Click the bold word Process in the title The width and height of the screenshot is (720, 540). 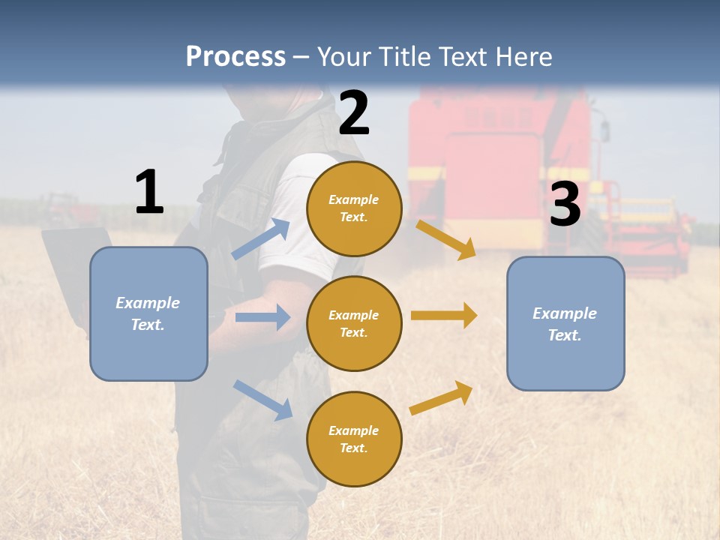click(x=235, y=57)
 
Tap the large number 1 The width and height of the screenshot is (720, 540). click(x=149, y=192)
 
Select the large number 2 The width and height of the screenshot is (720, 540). click(x=354, y=113)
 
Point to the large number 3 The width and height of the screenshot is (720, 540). click(x=565, y=204)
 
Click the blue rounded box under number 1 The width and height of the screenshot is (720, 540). click(x=148, y=313)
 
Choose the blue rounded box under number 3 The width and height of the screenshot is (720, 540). click(x=565, y=323)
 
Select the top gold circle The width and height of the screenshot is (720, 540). click(x=354, y=208)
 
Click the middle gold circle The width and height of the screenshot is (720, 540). click(x=354, y=323)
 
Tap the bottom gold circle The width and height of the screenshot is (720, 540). click(x=354, y=439)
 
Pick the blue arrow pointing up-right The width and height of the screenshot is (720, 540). click(x=262, y=239)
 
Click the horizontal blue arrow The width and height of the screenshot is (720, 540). click(x=262, y=317)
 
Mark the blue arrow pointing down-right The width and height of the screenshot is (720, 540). click(x=262, y=400)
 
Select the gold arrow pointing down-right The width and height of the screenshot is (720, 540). click(x=445, y=239)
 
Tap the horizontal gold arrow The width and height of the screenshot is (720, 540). click(x=444, y=316)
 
